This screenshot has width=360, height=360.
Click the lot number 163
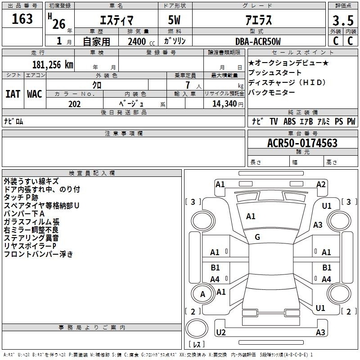(22, 19)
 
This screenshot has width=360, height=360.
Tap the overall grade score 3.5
(343, 21)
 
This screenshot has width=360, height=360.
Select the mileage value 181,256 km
(53, 65)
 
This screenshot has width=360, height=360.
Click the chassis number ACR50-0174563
(302, 143)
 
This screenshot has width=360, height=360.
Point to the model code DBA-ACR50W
(258, 41)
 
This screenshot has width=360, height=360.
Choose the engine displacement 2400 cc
(141, 41)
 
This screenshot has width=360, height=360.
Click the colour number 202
(74, 104)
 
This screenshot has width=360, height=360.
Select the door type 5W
(174, 20)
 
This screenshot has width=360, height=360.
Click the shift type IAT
(13, 94)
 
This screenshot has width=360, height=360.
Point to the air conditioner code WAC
(35, 94)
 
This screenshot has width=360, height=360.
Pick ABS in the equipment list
(289, 121)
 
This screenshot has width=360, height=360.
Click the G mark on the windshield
(257, 237)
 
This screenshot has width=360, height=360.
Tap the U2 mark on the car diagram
(221, 332)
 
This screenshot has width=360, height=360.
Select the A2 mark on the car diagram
(321, 184)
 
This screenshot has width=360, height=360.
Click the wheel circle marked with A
(202, 294)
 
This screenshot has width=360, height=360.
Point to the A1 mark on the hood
(251, 216)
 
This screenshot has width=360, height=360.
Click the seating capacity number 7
(188, 85)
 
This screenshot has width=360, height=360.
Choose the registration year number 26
(59, 24)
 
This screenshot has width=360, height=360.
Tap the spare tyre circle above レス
(197, 328)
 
